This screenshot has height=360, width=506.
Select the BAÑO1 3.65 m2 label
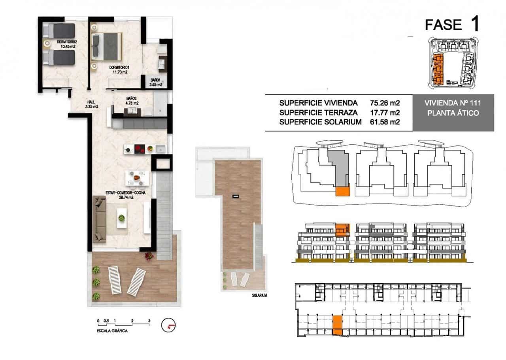click(x=154, y=81)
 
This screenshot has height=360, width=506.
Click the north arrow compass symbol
click(x=168, y=325)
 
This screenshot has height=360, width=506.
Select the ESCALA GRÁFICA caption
click(x=112, y=331)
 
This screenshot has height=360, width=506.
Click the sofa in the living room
click(x=100, y=219)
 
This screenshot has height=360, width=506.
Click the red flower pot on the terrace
click(x=149, y=256)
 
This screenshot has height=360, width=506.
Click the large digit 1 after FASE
click(x=475, y=25)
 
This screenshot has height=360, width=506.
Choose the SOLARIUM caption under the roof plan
click(x=259, y=295)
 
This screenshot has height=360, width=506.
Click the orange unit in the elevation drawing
click(x=342, y=230)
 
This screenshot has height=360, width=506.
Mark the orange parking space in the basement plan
click(x=337, y=325)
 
